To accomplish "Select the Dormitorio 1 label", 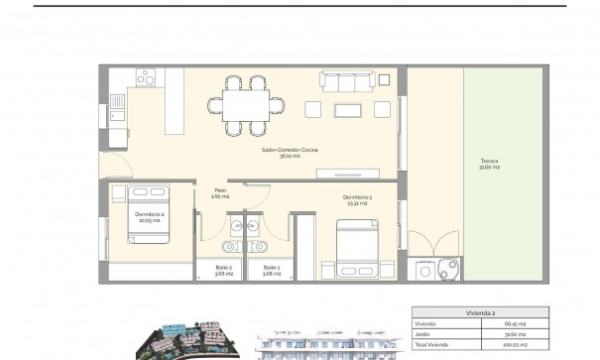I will tap(357, 199).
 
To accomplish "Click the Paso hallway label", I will tap(220, 193).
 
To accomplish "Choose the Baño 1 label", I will tap(272, 269).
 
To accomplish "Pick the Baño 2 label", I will tap(224, 269).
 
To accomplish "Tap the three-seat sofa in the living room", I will tap(346, 80).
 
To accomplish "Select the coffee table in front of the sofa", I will tap(349, 109).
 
